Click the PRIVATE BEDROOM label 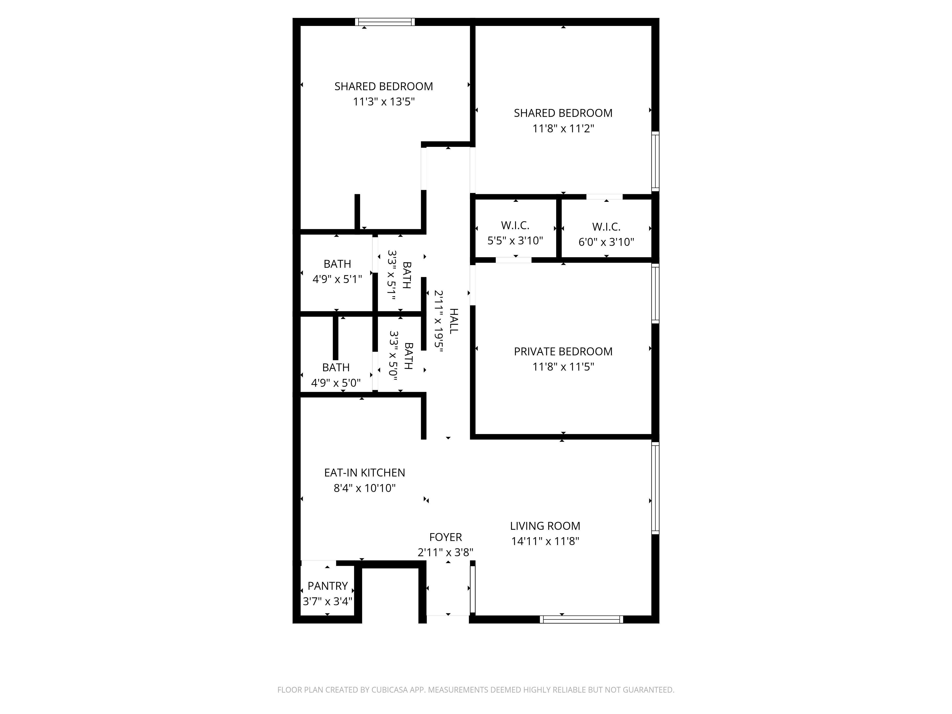(563, 352)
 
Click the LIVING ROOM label (545, 526)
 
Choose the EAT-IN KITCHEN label (365, 473)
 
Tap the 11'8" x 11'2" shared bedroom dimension (563, 129)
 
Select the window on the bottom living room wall (581, 619)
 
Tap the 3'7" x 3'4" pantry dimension (327, 601)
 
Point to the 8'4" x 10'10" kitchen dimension (365, 488)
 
